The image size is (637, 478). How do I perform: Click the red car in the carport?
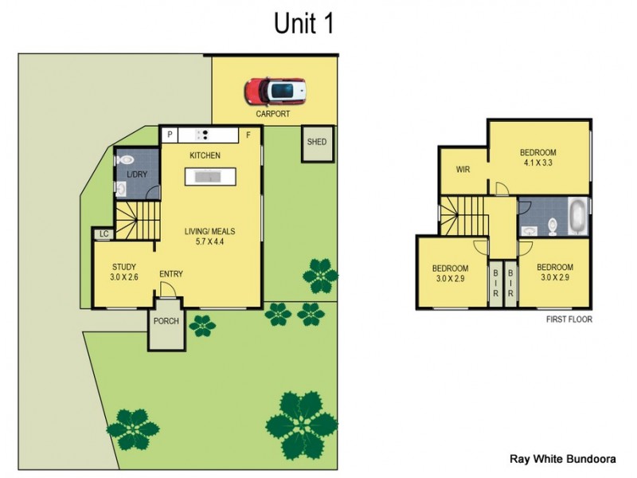(276, 91)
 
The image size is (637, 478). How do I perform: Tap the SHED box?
(317, 143)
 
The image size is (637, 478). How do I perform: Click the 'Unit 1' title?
(303, 23)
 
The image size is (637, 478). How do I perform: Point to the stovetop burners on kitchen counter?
(203, 135)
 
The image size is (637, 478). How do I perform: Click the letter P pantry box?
(170, 135)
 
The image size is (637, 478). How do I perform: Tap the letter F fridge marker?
(248, 135)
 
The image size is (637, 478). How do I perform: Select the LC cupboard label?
(103, 234)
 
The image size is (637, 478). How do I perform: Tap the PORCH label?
(166, 322)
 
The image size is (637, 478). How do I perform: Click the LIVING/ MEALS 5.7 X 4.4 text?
(210, 237)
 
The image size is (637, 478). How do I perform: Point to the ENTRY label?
(170, 274)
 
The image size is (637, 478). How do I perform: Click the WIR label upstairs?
(463, 170)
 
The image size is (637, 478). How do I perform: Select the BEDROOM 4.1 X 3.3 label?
(537, 157)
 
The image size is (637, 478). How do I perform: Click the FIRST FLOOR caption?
(569, 319)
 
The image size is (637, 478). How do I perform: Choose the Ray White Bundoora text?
(561, 459)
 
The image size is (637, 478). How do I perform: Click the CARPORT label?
(272, 114)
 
